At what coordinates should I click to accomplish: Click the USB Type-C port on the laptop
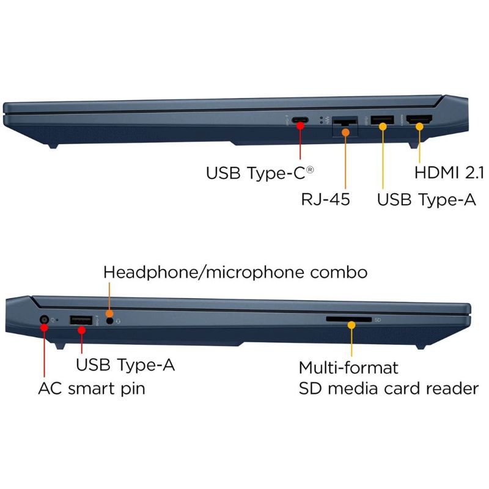(x=300, y=120)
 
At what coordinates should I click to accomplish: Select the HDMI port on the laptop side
(x=420, y=119)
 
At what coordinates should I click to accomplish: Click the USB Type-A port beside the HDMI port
(x=382, y=120)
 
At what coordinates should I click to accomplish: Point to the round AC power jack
(x=45, y=320)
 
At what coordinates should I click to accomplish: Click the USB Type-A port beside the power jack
(x=81, y=320)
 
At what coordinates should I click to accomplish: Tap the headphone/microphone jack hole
(x=109, y=320)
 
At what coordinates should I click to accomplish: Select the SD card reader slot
(x=349, y=319)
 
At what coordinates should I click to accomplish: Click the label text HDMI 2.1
(x=449, y=172)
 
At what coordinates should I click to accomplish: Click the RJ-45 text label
(x=325, y=199)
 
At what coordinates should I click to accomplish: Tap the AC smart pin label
(x=92, y=389)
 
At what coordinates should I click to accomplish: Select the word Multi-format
(x=348, y=367)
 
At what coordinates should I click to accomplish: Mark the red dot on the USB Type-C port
(x=300, y=126)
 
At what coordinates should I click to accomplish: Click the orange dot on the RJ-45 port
(x=345, y=132)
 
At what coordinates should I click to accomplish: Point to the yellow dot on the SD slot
(x=351, y=325)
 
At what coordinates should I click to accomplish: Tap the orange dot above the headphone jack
(x=109, y=314)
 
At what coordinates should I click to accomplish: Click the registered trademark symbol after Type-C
(x=310, y=170)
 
